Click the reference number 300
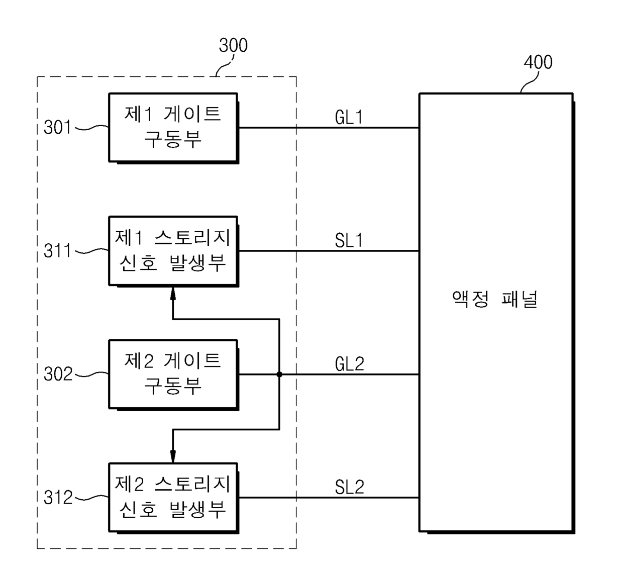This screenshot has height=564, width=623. [233, 46]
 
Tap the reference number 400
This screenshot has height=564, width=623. [538, 62]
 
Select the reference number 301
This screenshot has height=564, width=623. [58, 127]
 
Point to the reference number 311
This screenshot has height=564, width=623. [58, 250]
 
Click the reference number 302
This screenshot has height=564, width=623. [58, 374]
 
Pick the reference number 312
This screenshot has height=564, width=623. [58, 497]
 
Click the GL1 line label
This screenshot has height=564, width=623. [349, 117]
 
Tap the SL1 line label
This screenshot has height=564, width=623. [349, 241]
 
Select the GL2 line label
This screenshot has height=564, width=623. [349, 364]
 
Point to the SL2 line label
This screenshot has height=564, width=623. [349, 487]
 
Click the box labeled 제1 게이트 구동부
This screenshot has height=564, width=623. [173, 127]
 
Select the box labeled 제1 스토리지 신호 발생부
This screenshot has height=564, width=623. [173, 250]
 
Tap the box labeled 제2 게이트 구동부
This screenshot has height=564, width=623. [173, 374]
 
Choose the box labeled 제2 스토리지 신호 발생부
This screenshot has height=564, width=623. [173, 497]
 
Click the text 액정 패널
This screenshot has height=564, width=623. [495, 299]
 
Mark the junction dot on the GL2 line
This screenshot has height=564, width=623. [279, 374]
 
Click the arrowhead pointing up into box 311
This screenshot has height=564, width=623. [173, 293]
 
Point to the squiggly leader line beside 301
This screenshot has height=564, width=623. [91, 128]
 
